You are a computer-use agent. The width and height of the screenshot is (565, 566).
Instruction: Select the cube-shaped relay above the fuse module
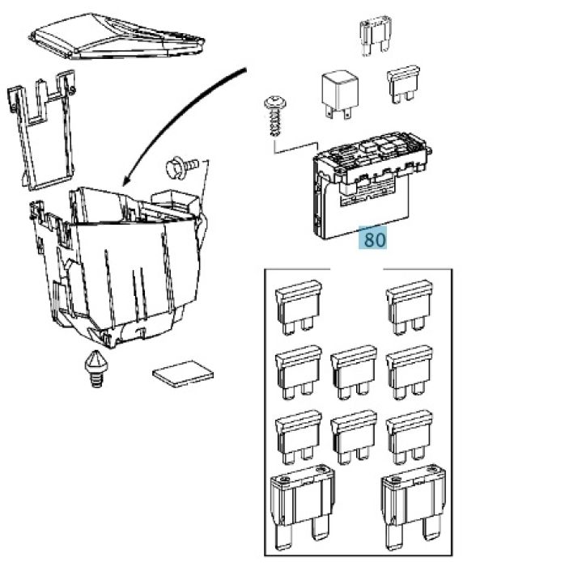340,94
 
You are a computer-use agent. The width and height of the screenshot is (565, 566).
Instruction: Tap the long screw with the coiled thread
275,115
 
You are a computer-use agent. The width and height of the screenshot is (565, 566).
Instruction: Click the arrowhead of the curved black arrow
125,180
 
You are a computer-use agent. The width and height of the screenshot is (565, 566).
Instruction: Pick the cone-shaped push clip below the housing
96,369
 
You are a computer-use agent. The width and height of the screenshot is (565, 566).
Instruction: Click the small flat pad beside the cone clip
183,374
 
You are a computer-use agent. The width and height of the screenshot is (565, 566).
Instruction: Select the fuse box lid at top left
117,36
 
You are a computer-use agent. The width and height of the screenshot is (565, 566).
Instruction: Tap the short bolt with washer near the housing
181,167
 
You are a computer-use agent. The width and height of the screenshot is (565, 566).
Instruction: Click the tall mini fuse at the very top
376,36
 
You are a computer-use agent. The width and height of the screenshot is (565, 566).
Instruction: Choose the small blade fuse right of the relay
403,84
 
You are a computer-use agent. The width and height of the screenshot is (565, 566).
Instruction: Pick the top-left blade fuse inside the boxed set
299,307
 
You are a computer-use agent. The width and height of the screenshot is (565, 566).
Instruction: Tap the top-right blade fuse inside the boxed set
410,307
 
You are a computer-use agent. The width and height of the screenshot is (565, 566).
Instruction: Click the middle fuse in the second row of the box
354,373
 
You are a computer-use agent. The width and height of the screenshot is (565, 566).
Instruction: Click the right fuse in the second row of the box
410,373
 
